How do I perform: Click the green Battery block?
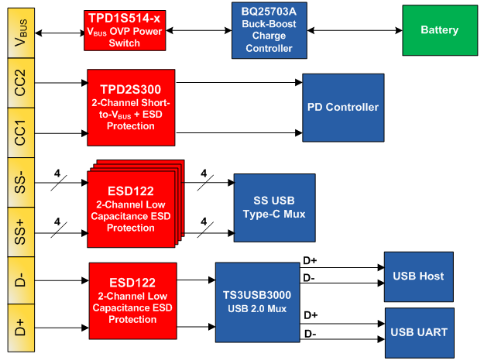click(439, 30)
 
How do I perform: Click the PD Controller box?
click(342, 107)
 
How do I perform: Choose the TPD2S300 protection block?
click(131, 108)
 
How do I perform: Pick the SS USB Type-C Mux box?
click(274, 207)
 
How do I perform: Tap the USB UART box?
click(419, 332)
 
